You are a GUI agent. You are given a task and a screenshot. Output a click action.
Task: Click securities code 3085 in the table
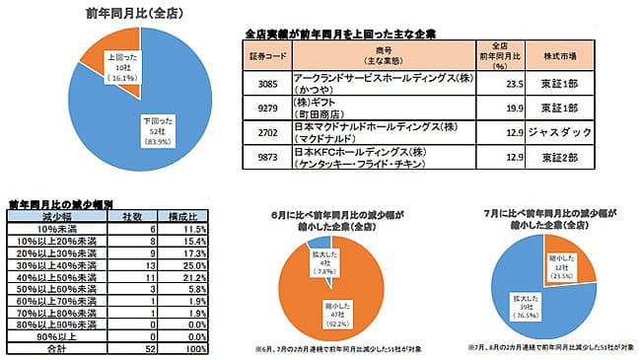coord(267,84)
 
